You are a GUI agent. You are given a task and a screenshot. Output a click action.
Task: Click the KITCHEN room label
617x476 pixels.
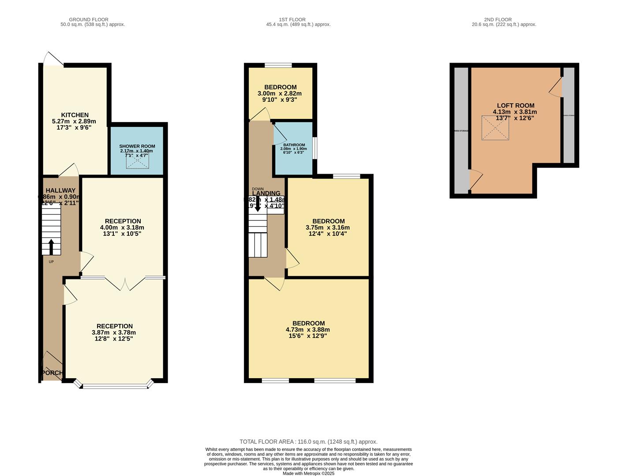75,115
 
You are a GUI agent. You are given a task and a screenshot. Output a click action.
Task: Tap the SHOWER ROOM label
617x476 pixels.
137,146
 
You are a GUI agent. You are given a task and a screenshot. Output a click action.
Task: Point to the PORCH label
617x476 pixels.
52,373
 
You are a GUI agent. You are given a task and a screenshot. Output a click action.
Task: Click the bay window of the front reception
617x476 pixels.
116,386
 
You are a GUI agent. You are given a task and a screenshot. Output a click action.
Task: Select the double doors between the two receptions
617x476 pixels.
125,284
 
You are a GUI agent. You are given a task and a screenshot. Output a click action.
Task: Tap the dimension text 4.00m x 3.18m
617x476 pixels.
123,227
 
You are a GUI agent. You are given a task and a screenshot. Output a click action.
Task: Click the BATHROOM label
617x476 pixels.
294,145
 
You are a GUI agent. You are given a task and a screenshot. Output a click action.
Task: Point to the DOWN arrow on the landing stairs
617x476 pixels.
258,206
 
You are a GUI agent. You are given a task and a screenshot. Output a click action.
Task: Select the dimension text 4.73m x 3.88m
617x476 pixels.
308,330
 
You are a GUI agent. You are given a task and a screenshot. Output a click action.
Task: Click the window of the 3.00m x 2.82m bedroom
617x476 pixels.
278,66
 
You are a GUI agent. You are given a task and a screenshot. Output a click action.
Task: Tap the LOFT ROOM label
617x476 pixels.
515,106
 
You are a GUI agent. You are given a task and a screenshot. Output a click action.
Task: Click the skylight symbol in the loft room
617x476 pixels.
495,128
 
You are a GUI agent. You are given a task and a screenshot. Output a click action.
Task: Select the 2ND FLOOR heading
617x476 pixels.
497,19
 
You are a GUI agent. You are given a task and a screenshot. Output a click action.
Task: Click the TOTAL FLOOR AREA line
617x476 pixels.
308,442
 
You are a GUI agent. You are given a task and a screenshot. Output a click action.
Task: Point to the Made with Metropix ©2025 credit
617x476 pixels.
308,473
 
